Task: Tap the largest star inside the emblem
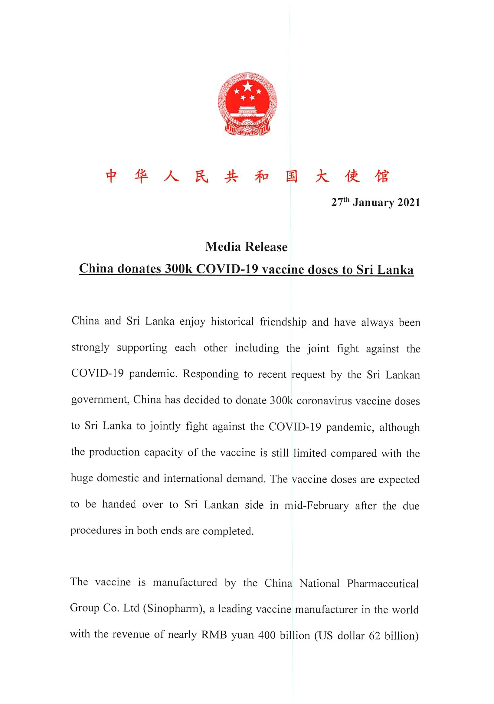pos(247,87)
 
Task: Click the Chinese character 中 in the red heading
pos(111,176)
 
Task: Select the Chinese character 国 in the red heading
pos(291,176)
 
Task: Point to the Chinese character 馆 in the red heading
pos(382,176)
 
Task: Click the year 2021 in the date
pos(408,202)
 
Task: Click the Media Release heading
pos(247,247)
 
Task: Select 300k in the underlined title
pos(178,269)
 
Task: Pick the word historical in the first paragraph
pos(232,322)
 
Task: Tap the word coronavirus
pos(324,401)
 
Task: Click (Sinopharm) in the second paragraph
pos(176,609)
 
